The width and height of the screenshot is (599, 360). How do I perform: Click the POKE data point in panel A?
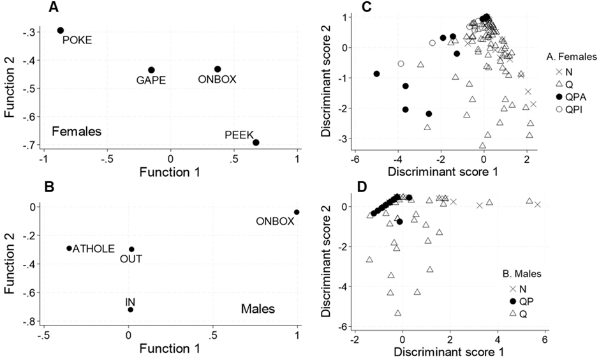[61, 30]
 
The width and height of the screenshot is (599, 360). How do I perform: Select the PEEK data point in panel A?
[256, 142]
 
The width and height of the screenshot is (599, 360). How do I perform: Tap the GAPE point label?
[146, 81]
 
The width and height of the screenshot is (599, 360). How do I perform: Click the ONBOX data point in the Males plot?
[297, 212]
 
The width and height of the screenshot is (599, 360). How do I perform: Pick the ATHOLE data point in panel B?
[70, 248]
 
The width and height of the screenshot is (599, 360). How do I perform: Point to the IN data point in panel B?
[131, 310]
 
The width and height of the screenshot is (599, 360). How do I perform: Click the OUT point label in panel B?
[131, 259]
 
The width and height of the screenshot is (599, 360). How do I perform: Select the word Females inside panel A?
[77, 131]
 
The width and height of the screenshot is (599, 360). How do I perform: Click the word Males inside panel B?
[258, 310]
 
